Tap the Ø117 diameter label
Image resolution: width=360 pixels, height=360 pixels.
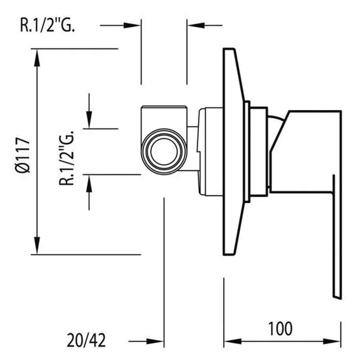tap(23, 155)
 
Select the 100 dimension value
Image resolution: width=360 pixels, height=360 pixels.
tap(280, 329)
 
